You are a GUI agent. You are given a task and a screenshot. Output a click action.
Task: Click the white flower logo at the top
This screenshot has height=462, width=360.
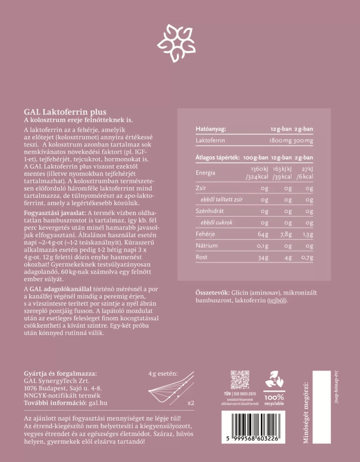click(x=176, y=43)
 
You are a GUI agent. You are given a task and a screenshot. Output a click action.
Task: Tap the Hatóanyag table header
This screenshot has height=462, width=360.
click(x=211, y=129)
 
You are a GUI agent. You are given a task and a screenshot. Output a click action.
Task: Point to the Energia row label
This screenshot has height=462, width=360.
click(x=205, y=172)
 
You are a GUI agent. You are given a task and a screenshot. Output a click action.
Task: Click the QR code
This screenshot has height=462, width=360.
click(x=240, y=380)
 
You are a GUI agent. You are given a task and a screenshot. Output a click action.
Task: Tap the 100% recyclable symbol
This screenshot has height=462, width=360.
click(x=274, y=387)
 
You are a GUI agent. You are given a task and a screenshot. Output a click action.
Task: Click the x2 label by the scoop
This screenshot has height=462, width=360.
click(x=191, y=402)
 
